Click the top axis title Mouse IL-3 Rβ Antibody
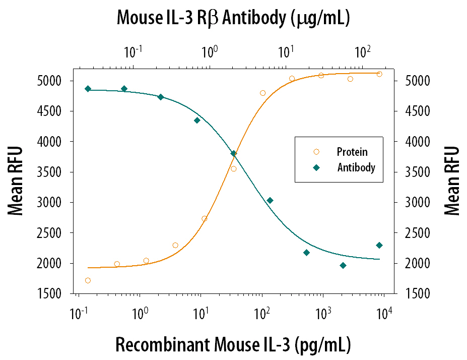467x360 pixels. [x=233, y=18]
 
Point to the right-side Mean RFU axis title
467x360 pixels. [x=452, y=181]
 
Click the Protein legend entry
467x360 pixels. [x=352, y=152]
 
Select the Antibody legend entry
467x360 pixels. [x=356, y=168]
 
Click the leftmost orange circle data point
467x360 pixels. [x=88, y=280]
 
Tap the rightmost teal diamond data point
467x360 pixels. [x=379, y=246]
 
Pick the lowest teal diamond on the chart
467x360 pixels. [x=343, y=265]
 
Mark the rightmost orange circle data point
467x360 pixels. [x=379, y=74]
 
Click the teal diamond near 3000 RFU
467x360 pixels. [x=270, y=201]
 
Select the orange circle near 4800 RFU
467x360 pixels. [x=262, y=93]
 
